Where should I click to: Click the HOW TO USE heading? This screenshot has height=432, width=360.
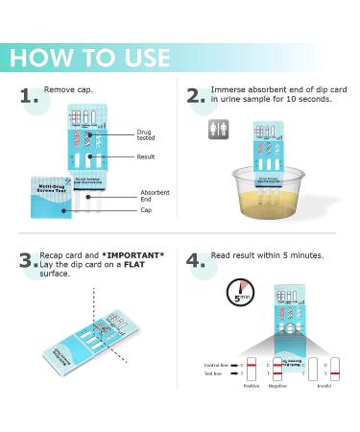coord(89,57)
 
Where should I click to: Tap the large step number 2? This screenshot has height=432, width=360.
coord(197,96)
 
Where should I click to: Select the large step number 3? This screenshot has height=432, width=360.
coord(28,260)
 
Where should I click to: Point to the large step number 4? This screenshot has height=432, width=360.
coord(197,260)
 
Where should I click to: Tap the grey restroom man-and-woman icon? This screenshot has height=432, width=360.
coord(219,129)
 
